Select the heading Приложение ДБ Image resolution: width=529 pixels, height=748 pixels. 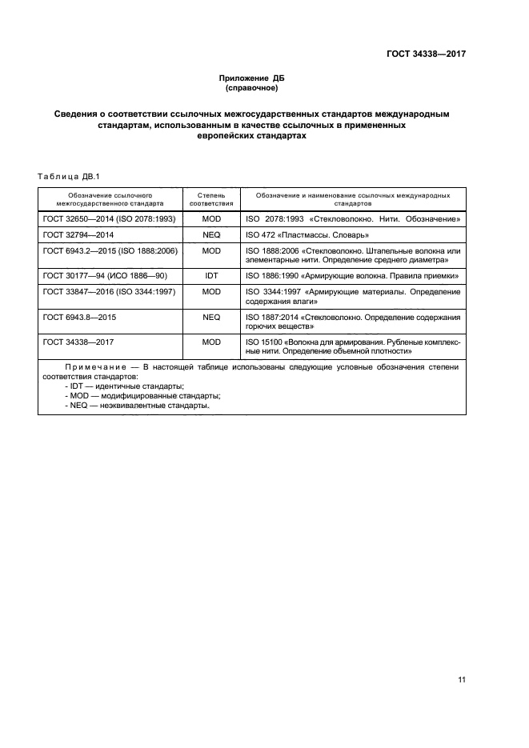click(251, 78)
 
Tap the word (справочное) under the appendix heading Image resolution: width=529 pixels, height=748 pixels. click(251, 88)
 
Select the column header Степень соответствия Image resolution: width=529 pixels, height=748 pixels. click(211, 199)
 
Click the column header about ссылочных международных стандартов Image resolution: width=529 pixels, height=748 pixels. click(352, 199)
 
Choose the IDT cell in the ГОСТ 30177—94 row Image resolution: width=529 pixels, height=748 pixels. click(211, 275)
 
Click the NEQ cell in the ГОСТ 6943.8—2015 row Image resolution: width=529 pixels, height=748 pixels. click(211, 317)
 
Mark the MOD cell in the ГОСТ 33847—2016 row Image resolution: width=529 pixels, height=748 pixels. click(211, 292)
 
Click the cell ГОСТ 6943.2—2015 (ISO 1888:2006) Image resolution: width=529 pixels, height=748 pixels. click(110, 250)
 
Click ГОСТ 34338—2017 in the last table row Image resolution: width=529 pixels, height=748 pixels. click(77, 342)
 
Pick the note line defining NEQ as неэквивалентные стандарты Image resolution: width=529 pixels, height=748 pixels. click(137, 406)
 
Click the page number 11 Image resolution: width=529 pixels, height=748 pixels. click(462, 680)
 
